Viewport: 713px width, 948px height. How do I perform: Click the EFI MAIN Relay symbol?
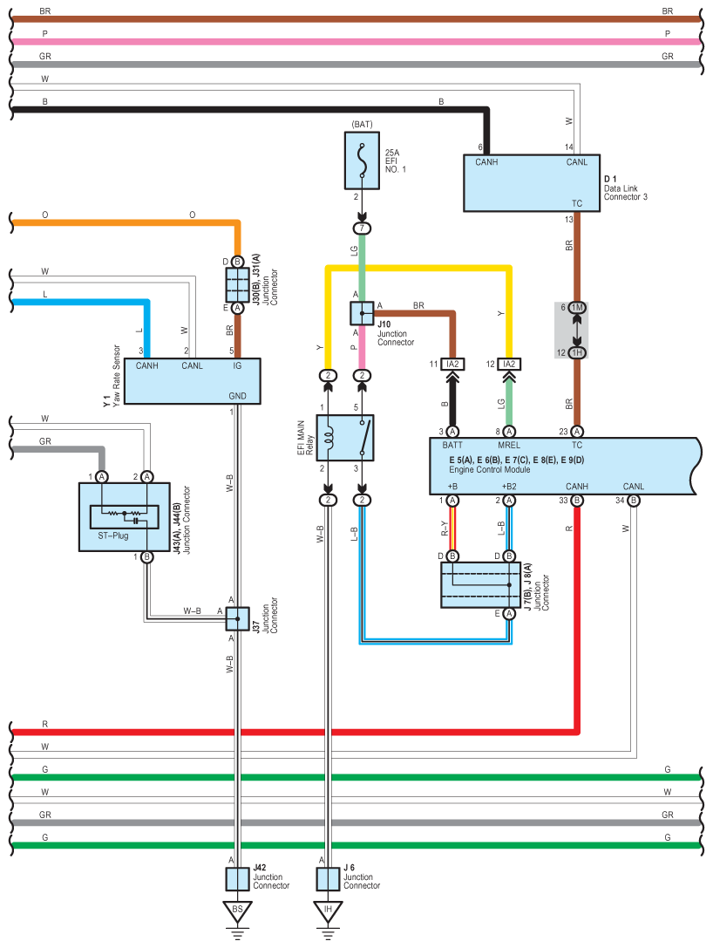coord(344,438)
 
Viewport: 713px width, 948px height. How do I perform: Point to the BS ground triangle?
coord(237,910)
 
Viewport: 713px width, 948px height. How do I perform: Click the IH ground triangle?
coord(328,910)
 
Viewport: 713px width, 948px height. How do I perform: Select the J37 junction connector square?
coord(237,619)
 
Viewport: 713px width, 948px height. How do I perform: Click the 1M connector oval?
coord(577,307)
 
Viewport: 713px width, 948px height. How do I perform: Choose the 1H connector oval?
coord(577,352)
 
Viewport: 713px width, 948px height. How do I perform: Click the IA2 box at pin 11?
coord(452,364)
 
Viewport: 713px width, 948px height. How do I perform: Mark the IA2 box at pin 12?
coord(509,364)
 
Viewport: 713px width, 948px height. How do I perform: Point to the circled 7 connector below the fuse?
coord(362,228)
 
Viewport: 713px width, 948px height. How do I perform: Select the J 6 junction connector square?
coord(328,878)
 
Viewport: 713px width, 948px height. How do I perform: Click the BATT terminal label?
coord(452,445)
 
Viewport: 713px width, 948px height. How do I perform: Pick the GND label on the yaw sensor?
coord(236,395)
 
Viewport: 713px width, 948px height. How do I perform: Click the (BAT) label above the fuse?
coord(362,125)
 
